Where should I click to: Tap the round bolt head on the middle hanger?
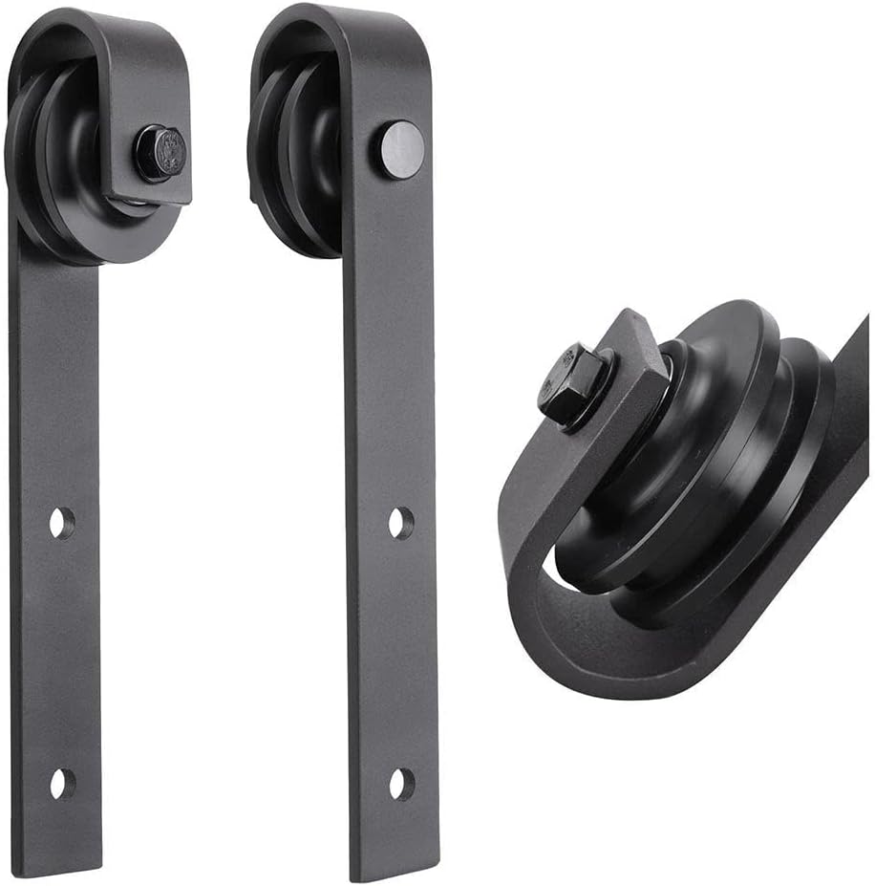click(x=398, y=149)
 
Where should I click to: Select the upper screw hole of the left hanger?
click(x=62, y=522)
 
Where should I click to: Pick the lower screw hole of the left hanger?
click(x=62, y=782)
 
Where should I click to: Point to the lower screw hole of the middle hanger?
click(x=401, y=783)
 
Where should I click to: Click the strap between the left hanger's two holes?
click(x=59, y=650)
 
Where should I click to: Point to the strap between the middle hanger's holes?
click(x=399, y=650)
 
